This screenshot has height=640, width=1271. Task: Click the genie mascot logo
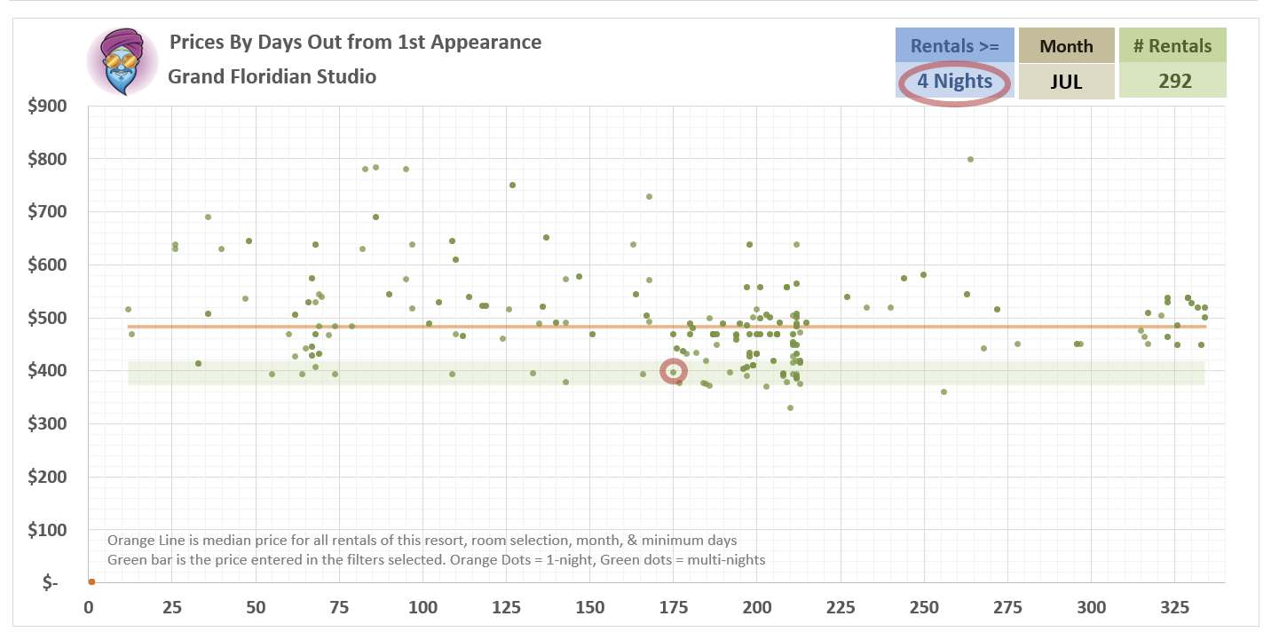click(x=122, y=61)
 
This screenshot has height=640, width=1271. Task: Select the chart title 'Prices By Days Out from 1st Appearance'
click(x=355, y=42)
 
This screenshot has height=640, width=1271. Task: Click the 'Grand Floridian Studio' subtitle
click(x=272, y=76)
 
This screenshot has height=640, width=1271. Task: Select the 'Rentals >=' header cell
click(x=955, y=46)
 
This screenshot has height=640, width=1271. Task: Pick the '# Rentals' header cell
click(x=1172, y=46)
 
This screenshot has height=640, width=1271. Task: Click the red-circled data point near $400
click(x=674, y=371)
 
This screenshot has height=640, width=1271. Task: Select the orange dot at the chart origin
click(x=91, y=582)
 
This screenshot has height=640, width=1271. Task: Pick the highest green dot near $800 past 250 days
click(x=970, y=160)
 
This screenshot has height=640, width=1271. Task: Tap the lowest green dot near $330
click(x=790, y=408)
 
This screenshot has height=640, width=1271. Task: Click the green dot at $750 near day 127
click(x=512, y=186)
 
